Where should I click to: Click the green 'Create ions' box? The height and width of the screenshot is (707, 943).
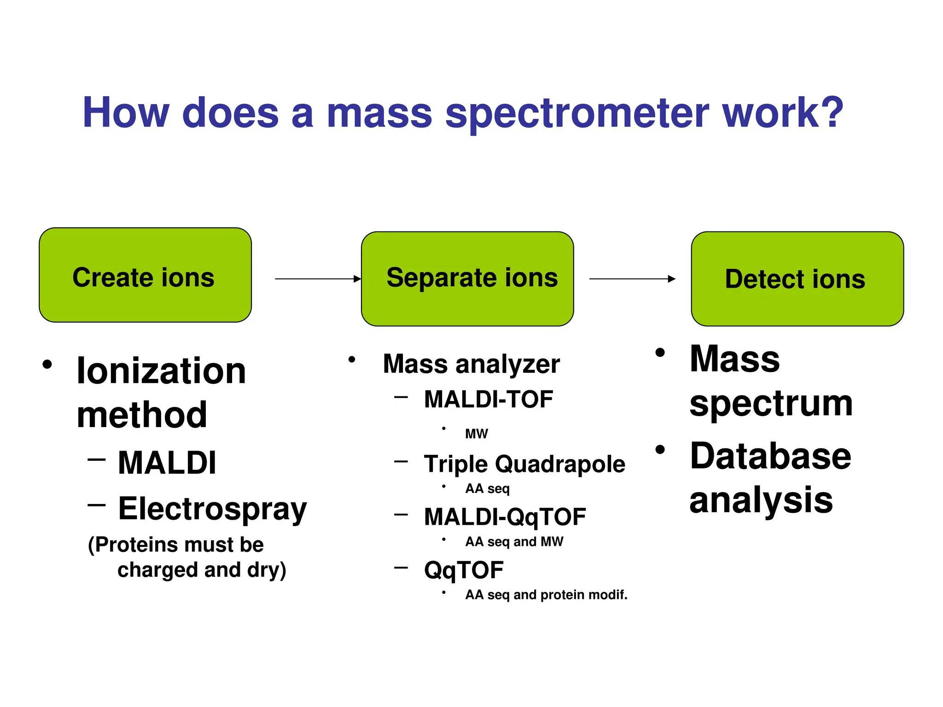(145, 275)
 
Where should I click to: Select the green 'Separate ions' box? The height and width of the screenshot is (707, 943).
(467, 278)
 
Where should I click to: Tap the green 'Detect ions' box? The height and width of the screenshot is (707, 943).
(797, 279)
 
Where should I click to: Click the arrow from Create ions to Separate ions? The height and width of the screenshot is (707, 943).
(318, 278)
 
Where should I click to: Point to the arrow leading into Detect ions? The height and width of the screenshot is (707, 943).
(632, 278)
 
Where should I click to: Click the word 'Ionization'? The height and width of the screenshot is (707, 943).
(161, 371)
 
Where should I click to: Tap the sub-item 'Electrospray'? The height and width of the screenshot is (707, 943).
(212, 509)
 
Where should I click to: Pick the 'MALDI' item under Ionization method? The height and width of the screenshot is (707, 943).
(167, 463)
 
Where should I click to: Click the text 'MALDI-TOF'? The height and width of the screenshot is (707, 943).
(488, 399)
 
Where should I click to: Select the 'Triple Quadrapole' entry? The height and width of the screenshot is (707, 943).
(524, 464)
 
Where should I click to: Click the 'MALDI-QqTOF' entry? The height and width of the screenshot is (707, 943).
(505, 517)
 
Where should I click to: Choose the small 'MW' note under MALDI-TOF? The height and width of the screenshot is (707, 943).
(476, 434)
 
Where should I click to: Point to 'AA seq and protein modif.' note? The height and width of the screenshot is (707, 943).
(546, 595)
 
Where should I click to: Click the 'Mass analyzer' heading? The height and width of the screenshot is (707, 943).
(471, 364)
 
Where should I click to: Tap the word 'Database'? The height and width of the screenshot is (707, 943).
(770, 456)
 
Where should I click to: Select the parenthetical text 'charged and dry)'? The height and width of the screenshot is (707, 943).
(202, 570)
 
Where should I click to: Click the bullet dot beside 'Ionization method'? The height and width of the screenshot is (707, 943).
(47, 365)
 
